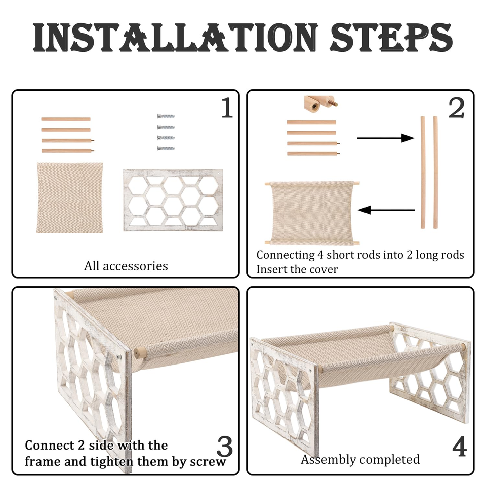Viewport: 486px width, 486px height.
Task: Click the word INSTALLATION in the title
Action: [176, 38]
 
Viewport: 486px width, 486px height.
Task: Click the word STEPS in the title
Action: [391, 38]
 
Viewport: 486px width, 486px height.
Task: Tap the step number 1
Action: [227, 107]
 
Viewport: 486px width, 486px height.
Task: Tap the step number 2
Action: [456, 107]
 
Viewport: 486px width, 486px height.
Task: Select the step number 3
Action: [225, 447]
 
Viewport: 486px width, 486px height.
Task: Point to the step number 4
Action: [459, 447]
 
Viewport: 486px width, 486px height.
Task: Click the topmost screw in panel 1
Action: [166, 116]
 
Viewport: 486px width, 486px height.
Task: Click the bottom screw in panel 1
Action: [166, 148]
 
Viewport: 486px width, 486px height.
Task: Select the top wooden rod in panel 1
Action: [66, 119]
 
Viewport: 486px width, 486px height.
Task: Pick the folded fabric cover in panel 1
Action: [70, 197]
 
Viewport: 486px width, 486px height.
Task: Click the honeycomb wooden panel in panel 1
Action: [173, 200]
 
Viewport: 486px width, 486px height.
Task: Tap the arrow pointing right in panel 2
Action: [386, 138]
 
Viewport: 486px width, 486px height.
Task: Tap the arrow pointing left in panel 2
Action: [386, 210]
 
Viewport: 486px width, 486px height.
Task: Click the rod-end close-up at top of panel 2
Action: [320, 104]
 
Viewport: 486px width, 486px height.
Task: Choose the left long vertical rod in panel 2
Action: [423, 173]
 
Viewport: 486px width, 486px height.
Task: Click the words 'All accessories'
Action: [126, 266]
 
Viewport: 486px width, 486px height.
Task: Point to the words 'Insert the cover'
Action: [297, 269]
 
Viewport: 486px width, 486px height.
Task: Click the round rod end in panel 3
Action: [139, 353]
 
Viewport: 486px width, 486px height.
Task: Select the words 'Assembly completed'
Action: [360, 459]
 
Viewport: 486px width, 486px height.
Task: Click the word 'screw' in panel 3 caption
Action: [208, 462]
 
